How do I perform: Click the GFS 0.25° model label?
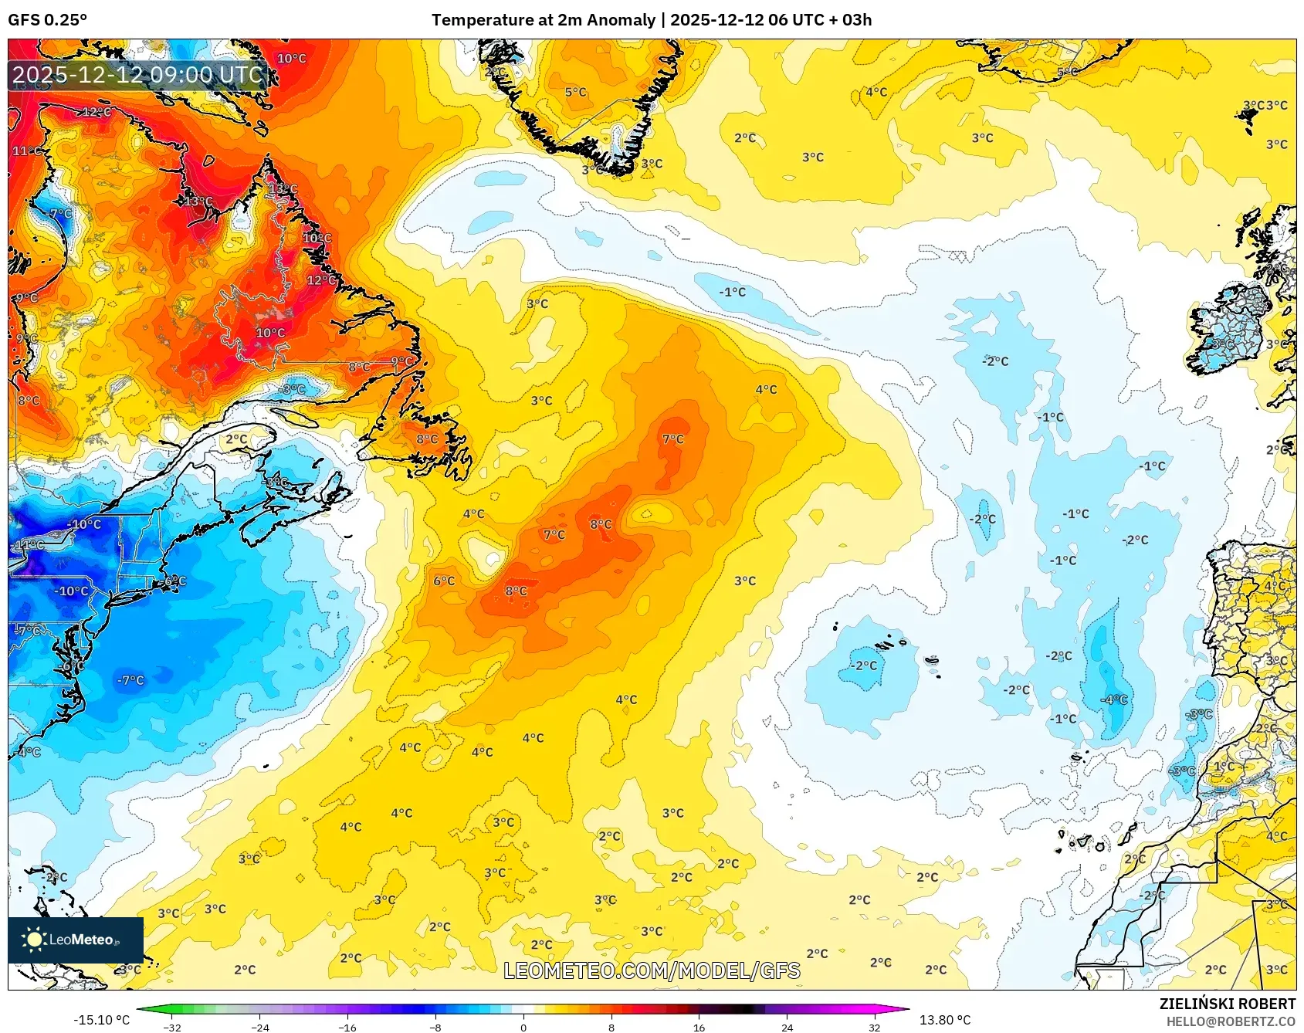(x=47, y=20)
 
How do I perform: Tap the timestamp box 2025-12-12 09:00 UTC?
(x=138, y=75)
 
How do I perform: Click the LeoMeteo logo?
(x=75, y=940)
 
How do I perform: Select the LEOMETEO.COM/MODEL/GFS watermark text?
(x=652, y=970)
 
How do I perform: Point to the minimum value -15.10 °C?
(x=101, y=1020)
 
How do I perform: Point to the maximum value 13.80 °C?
(x=944, y=1020)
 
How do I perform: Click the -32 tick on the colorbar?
(x=172, y=1027)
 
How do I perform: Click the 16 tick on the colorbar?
(x=699, y=1027)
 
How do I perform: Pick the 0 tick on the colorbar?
(x=523, y=1027)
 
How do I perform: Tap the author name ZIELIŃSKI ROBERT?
(x=1227, y=1004)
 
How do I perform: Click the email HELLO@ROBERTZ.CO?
(x=1231, y=1021)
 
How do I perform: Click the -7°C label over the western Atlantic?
(x=130, y=680)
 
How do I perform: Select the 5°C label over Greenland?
(x=575, y=92)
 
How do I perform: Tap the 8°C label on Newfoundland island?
(x=427, y=439)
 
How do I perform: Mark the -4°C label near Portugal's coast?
(x=1115, y=699)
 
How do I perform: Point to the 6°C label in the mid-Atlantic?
(x=444, y=581)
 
